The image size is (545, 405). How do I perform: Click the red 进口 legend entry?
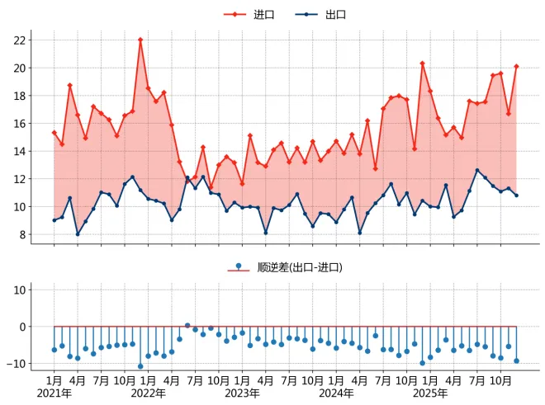pos(249,15)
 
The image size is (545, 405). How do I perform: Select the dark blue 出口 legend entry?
pos(320,15)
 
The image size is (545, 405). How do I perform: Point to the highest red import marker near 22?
pos(140,40)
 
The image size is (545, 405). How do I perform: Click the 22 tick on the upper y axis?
pos(20,40)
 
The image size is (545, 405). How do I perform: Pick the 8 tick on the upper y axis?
pos(23,235)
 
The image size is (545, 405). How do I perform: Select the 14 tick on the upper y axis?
pos(20,152)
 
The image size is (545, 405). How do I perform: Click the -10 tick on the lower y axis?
pos(16,364)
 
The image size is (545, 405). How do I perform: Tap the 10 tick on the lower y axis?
pos(20,290)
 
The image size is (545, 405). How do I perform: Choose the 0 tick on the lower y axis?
pos(23,327)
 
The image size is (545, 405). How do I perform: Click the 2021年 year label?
pos(54,393)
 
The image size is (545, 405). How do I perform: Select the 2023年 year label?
pos(242,393)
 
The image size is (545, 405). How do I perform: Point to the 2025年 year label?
pos(430,393)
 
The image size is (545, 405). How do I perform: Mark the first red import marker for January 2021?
pos(54,133)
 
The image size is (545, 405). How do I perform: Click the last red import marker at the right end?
pos(516,66)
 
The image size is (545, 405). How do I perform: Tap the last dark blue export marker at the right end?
pos(516,195)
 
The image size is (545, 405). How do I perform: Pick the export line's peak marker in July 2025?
pos(477,170)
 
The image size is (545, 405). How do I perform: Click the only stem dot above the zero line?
pos(187,326)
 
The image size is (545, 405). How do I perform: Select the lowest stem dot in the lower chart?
pos(140,366)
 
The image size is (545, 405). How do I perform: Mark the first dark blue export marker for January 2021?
pos(54,220)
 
